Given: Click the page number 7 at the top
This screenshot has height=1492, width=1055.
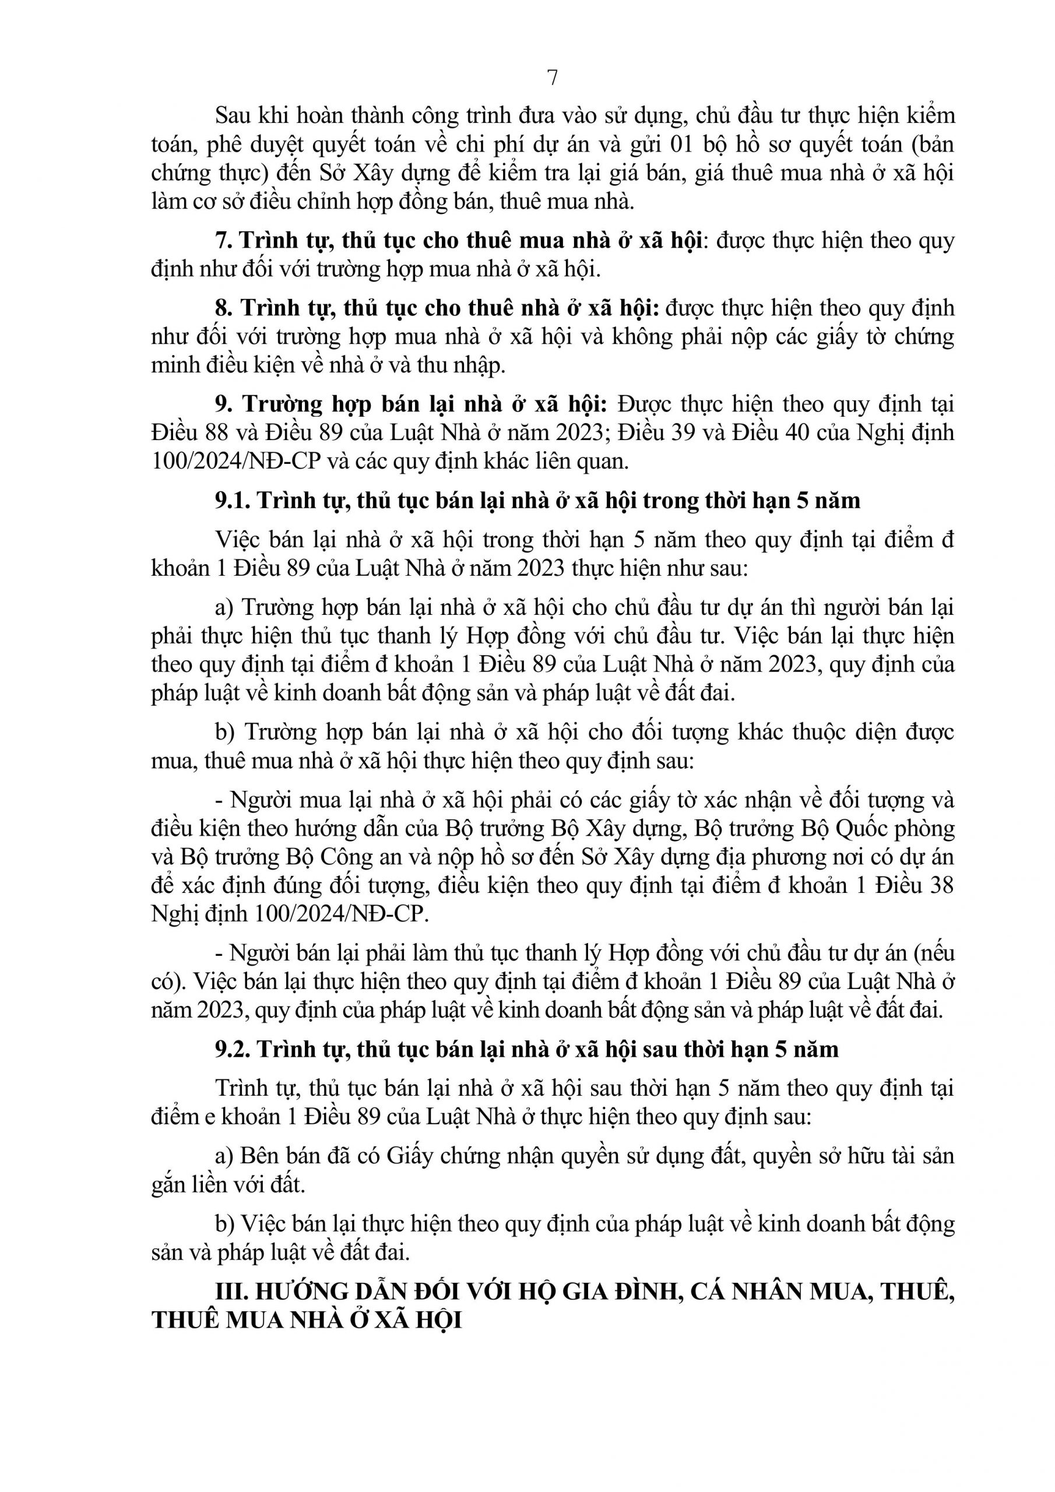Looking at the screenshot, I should [x=552, y=78].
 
